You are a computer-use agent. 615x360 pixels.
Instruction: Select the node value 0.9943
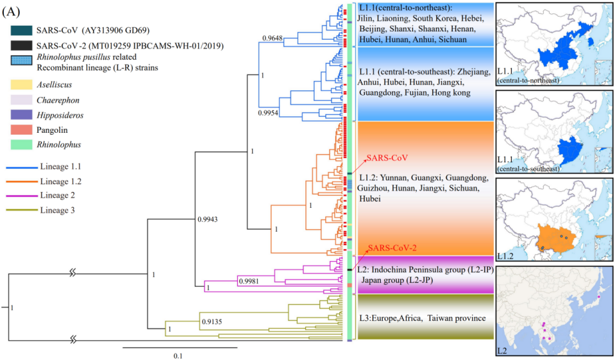tap(212, 221)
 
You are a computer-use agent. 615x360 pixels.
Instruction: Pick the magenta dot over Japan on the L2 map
tap(598, 296)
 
